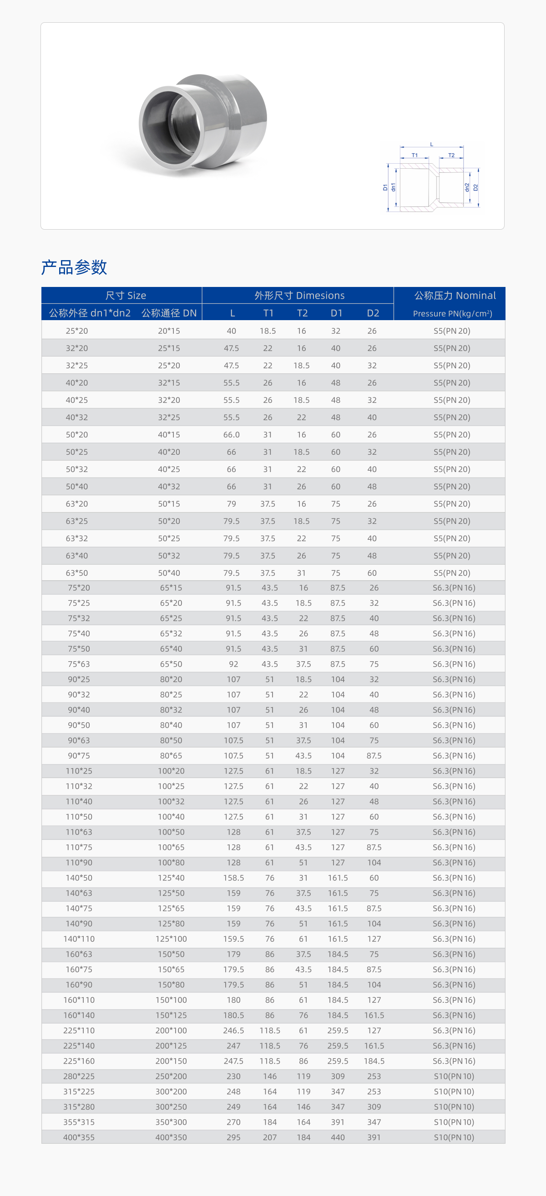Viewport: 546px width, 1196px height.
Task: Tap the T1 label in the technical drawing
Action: click(415, 155)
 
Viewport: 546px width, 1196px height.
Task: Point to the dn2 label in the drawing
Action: click(467, 187)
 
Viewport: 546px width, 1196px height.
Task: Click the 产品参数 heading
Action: click(74, 267)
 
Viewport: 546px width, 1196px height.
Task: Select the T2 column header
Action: click(302, 313)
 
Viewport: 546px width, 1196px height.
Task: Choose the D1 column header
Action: click(336, 313)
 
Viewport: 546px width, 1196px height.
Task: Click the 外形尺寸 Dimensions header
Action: click(299, 295)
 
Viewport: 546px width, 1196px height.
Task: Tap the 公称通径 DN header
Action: click(169, 313)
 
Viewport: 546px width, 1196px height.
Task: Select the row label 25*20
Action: click(77, 331)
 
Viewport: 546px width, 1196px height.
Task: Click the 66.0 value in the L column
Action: click(232, 435)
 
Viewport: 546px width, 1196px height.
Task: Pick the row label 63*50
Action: click(77, 573)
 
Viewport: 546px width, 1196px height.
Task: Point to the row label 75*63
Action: click(79, 664)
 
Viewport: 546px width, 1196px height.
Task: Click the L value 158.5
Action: click(233, 878)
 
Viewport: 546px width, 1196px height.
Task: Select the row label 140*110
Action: click(79, 939)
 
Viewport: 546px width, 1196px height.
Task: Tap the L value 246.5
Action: click(233, 1030)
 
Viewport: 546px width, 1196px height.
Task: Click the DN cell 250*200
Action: click(171, 1076)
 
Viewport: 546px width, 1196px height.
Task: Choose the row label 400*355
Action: click(79, 1137)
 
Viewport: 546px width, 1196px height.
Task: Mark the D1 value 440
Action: click(338, 1137)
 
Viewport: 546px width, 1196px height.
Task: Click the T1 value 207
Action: click(269, 1137)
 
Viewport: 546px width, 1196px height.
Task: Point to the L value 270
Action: click(233, 1122)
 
